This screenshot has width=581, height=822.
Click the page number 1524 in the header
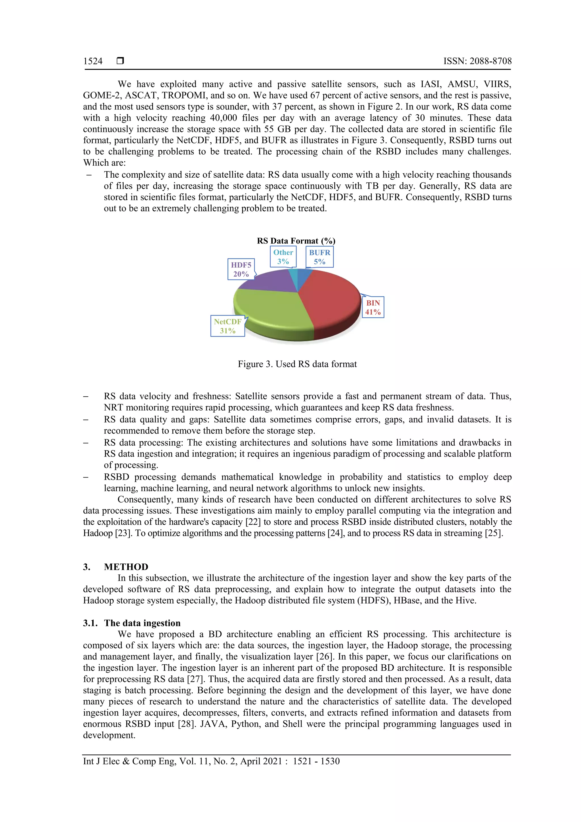(93, 61)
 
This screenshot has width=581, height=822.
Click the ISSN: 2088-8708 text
(477, 61)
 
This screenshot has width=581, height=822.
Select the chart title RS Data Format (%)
(296, 241)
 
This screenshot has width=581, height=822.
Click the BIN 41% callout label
(373, 307)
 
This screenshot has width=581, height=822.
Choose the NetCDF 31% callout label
(228, 326)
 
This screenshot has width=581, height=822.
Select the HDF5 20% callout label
(241, 269)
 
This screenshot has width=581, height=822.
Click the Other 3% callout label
(283, 257)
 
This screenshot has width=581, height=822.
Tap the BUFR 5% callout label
(320, 257)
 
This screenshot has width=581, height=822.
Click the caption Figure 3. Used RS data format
(297, 364)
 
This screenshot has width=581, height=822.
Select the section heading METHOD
(126, 567)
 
